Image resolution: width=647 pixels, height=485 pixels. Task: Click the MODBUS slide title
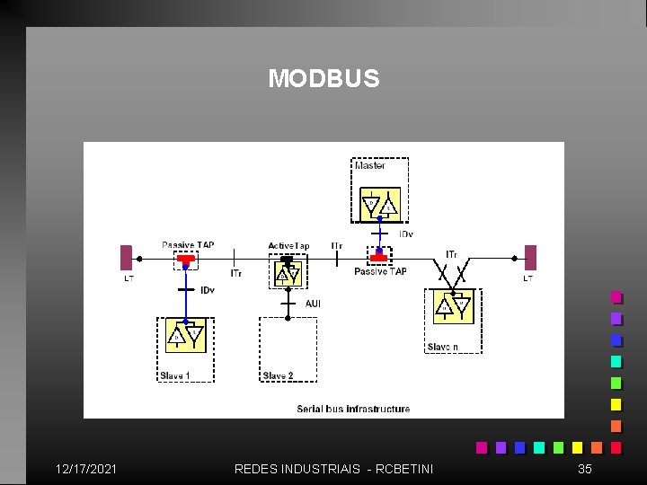pos(323,79)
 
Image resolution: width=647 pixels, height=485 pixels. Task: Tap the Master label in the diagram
pos(369,165)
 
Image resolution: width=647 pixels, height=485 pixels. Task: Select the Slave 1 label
pos(174,375)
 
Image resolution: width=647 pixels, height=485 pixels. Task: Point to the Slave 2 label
pos(278,375)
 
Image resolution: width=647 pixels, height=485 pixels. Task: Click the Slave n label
pos(442,347)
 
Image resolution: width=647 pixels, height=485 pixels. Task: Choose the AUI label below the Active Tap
pos(313,304)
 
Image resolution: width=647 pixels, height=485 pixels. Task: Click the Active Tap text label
pos(288,246)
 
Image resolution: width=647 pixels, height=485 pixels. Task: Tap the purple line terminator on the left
pos(127,258)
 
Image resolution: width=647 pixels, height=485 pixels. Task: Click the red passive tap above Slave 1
pos(185,259)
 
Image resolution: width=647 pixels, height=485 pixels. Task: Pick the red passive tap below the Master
pos(379,259)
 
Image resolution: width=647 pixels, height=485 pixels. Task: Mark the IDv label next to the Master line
pos(405,234)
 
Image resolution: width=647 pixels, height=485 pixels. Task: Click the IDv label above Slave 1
pos(208,290)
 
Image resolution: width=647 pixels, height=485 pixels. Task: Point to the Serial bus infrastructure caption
pos(353,409)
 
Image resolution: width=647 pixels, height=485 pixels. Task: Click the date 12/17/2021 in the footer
pos(85,469)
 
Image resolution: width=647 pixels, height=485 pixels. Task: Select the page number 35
pos(585,469)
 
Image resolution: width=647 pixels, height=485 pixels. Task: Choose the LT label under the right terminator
pos(528,278)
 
